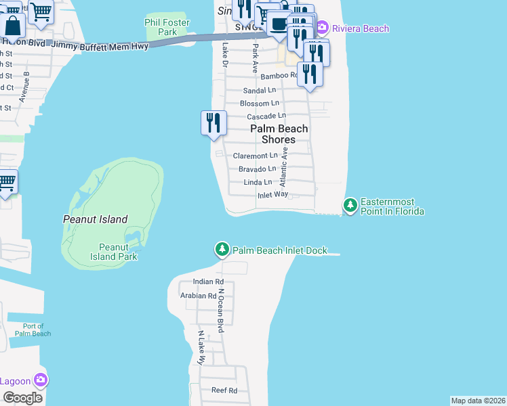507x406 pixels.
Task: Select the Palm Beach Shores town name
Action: pos(279,134)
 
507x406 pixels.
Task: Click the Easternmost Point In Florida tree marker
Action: pos(350,204)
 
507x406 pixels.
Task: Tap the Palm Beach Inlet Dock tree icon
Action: pos(222,250)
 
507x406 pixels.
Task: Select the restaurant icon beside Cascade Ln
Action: pos(214,122)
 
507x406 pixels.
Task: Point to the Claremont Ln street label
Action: pos(256,156)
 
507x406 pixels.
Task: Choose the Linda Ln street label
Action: pos(258,182)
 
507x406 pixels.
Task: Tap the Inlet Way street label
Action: pos(272,195)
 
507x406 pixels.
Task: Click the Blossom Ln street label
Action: pos(260,104)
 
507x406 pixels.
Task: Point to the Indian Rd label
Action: pos(208,281)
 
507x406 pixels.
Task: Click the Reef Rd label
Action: pos(224,390)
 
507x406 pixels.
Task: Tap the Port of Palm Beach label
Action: pos(33,330)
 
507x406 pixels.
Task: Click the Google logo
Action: pos(22,398)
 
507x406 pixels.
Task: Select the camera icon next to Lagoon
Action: pos(41,380)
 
